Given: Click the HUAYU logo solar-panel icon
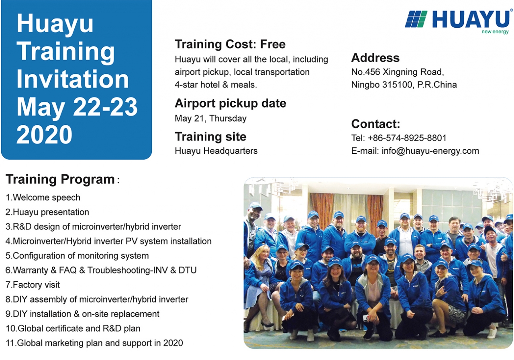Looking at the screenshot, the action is [x=416, y=19].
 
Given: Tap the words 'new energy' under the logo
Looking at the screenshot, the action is [x=495, y=32].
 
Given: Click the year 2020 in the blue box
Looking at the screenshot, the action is [x=44, y=134].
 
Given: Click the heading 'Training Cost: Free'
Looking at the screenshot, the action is [x=230, y=44].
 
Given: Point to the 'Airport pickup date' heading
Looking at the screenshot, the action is [x=230, y=104].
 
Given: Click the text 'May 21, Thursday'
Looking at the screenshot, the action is [x=211, y=118].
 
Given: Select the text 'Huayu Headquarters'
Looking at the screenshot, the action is [x=216, y=151].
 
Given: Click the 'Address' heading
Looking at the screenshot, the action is [x=375, y=58].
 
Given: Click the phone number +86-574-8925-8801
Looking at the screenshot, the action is [x=407, y=138].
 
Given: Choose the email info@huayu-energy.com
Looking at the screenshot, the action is [x=430, y=151].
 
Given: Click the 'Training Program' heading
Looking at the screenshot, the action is [x=60, y=179].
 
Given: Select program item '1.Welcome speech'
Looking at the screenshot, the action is [x=43, y=197].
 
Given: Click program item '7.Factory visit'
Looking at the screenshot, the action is [x=33, y=285].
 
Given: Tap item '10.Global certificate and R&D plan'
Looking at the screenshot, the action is [x=73, y=329].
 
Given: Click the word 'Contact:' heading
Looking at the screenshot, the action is [x=375, y=124].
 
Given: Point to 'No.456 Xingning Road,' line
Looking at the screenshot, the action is [x=398, y=72].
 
